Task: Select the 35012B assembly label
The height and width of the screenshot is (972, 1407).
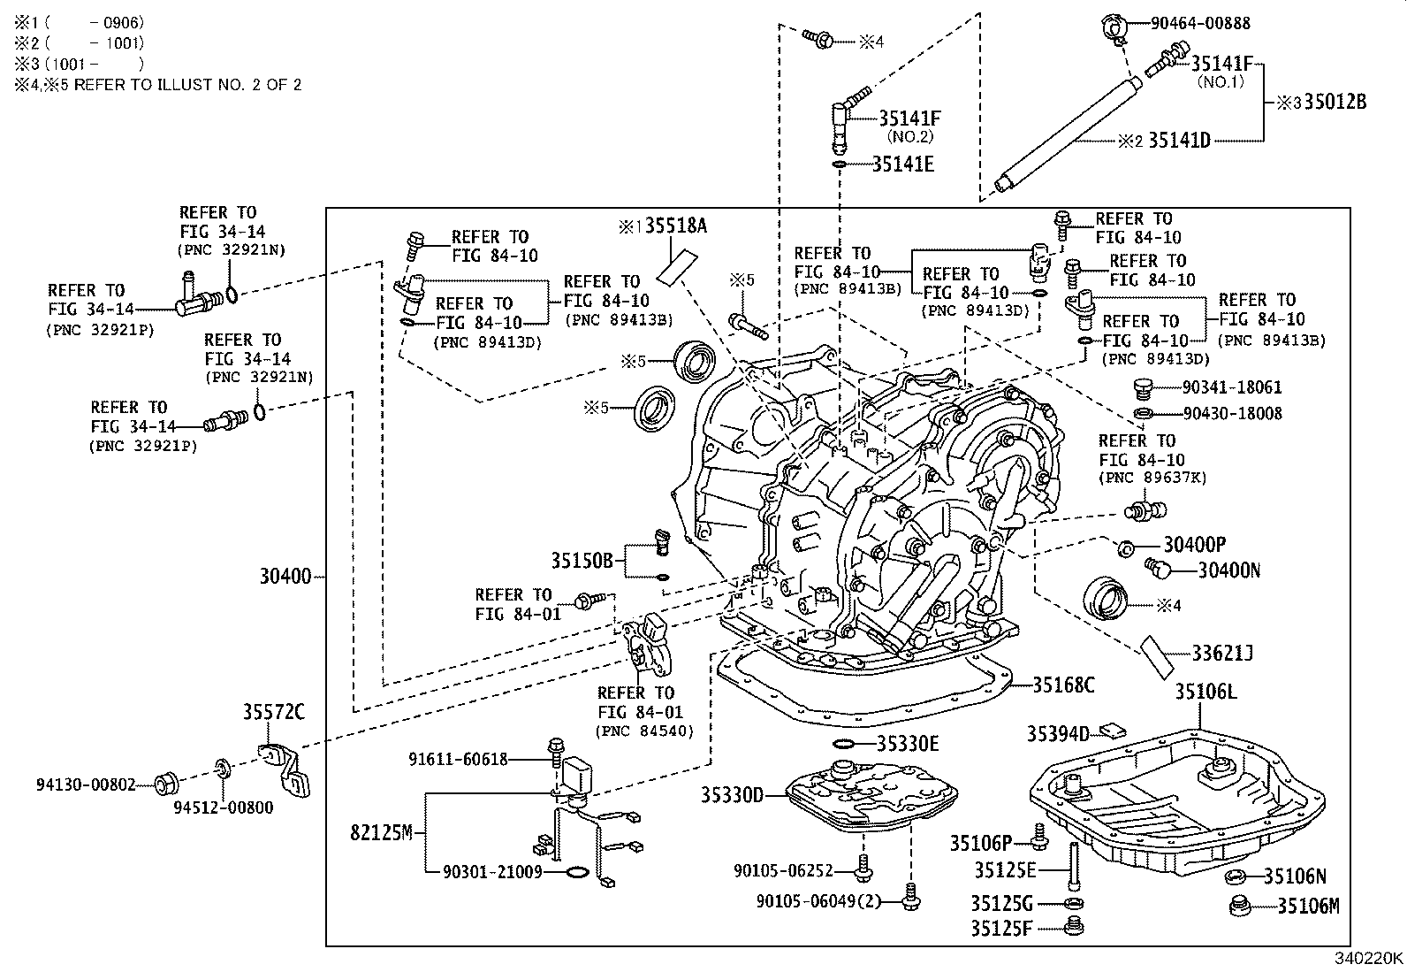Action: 1334,102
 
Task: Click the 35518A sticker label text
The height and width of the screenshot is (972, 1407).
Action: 675,226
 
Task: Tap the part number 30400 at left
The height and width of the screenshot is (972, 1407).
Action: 285,577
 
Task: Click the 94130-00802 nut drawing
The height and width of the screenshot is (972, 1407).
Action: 166,784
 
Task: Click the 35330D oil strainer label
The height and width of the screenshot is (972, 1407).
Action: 732,795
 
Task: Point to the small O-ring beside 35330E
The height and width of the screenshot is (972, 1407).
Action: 844,744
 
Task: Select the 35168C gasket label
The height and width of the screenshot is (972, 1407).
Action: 1064,684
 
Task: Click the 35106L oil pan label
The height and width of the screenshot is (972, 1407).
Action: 1205,692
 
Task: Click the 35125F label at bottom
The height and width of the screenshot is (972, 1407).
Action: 1003,928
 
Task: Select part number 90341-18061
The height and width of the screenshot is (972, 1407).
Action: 1232,387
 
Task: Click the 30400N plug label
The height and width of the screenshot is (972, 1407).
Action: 1228,570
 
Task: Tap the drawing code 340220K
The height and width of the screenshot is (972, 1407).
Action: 1368,957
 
